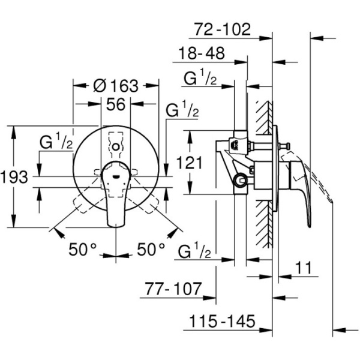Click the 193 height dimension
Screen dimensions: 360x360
coord(14,178)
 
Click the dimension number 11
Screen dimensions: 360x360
coord(306,268)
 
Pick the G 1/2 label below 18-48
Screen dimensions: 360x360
coord(200,79)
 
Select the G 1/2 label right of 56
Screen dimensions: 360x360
coord(182,111)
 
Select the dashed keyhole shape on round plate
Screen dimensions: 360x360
coord(116,145)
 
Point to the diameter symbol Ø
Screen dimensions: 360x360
coord(100,85)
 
